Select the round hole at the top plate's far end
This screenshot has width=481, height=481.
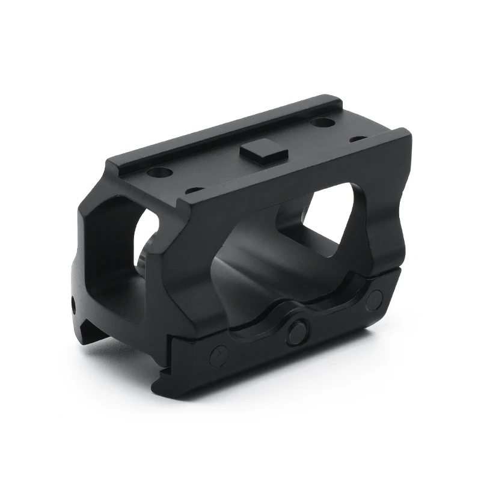[x=323, y=123]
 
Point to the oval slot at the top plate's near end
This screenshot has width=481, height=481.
[x=194, y=191]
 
